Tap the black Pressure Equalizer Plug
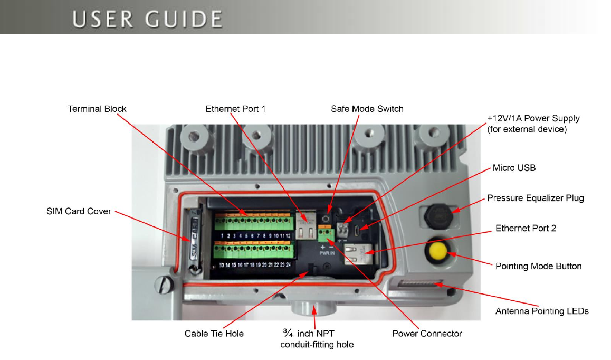pyautogui.click(x=437, y=215)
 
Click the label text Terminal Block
pyautogui.click(x=97, y=109)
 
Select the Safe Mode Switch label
pyautogui.click(x=367, y=109)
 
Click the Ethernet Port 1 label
pyautogui.click(x=235, y=109)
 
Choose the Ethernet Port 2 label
pyautogui.click(x=526, y=229)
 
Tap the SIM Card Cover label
pyautogui.click(x=78, y=211)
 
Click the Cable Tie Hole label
pyautogui.click(x=214, y=334)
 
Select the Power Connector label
pyautogui.click(x=427, y=334)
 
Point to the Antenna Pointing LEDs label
pyautogui.click(x=542, y=311)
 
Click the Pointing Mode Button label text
pyautogui.click(x=539, y=266)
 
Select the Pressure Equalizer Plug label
pyautogui.click(x=536, y=198)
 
